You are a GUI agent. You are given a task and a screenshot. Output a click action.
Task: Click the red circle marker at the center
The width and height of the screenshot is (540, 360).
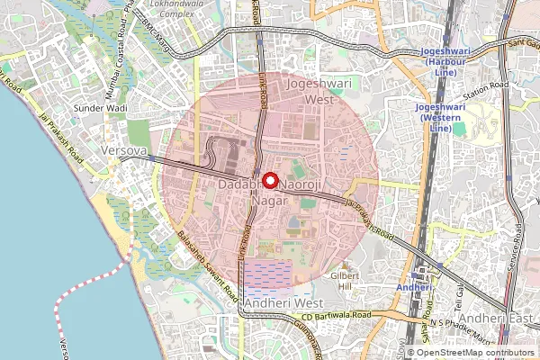pyautogui.click(x=269, y=180)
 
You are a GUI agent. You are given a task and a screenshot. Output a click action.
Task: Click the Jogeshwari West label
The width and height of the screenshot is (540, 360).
pyautogui.click(x=314, y=91)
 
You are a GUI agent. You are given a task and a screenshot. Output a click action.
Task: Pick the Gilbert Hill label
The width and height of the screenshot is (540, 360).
pyautogui.click(x=345, y=280)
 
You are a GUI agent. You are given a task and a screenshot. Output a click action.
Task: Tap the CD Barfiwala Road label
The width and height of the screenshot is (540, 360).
pyautogui.click(x=336, y=316)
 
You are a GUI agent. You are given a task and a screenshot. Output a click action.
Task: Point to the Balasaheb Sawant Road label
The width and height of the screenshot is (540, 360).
pyautogui.click(x=207, y=265)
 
